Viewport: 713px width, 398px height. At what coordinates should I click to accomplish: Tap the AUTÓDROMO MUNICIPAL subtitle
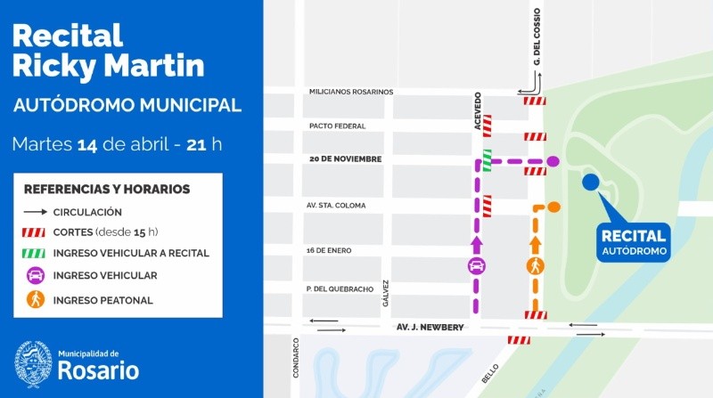pyautogui.click(x=127, y=105)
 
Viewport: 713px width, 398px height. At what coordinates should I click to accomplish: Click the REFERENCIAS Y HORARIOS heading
pyautogui.click(x=107, y=189)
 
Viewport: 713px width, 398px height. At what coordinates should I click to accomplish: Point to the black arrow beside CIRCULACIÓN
pyautogui.click(x=36, y=212)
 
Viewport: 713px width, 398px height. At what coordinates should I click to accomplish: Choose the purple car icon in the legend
pyautogui.click(x=36, y=275)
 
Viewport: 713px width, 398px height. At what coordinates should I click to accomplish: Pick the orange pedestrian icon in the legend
pyautogui.click(x=36, y=299)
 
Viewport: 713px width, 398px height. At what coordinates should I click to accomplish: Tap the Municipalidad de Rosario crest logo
pyautogui.click(x=32, y=363)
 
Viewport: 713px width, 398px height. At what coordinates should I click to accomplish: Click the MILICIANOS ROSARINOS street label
pyautogui.click(x=350, y=92)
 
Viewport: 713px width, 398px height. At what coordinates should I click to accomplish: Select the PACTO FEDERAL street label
pyautogui.click(x=337, y=126)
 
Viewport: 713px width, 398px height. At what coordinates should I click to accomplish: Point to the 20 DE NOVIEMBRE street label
pyautogui.click(x=345, y=159)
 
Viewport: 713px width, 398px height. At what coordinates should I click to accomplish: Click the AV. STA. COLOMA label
pyautogui.click(x=337, y=206)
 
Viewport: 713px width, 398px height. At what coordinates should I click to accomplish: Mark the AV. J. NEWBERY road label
pyautogui.click(x=430, y=328)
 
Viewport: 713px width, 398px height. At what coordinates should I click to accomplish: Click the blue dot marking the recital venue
pyautogui.click(x=590, y=183)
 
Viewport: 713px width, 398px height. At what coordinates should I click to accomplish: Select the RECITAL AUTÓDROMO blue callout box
pyautogui.click(x=633, y=240)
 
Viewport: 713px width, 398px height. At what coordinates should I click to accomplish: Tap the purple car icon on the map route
pyautogui.click(x=477, y=265)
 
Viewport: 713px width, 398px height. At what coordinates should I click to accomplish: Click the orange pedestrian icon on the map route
pyautogui.click(x=536, y=265)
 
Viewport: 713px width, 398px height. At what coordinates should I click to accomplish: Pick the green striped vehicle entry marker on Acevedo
pyautogui.click(x=488, y=160)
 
